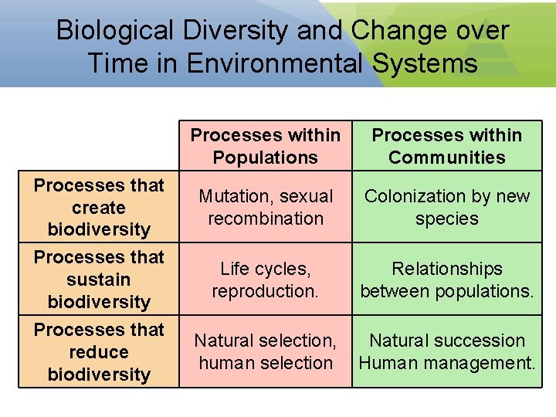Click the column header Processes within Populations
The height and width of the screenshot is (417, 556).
click(x=265, y=146)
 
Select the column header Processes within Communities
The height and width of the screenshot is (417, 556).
click(x=446, y=146)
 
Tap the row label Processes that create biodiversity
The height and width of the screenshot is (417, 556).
click(x=99, y=207)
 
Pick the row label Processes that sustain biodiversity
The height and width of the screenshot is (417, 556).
click(x=99, y=279)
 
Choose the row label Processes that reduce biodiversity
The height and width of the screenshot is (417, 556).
click(x=99, y=351)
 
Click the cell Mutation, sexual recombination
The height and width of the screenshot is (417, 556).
click(x=265, y=207)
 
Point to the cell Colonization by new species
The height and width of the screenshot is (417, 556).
click(x=446, y=207)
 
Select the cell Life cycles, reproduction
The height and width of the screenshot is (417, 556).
click(x=265, y=280)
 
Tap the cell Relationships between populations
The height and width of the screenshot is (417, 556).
click(x=446, y=280)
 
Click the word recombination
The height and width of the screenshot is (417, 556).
click(x=265, y=219)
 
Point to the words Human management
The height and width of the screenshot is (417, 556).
click(x=446, y=363)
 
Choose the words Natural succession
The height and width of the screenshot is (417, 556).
click(x=446, y=341)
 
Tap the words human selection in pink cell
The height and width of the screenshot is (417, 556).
click(x=265, y=363)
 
